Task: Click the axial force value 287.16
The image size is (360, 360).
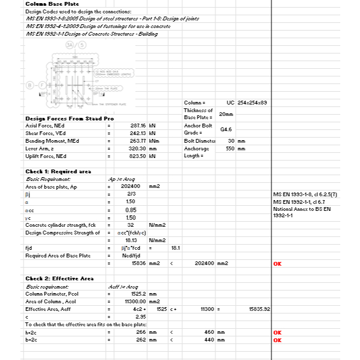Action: coord(138,126)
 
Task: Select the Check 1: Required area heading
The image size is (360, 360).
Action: coord(59,171)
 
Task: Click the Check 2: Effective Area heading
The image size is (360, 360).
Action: coord(59,278)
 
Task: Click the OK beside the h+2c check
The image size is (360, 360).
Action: coord(277,333)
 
